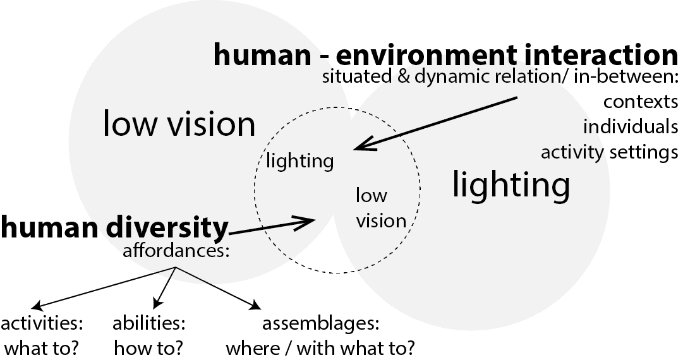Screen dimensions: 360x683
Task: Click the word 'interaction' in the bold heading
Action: [596, 56]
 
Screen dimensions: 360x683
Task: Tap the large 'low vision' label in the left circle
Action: [179, 124]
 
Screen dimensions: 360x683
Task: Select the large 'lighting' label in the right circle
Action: [511, 185]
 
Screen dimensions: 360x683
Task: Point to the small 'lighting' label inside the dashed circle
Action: [299, 161]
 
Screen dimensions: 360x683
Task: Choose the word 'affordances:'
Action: [175, 250]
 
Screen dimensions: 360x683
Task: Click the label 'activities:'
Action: [42, 324]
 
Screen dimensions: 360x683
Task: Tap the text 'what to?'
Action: [42, 347]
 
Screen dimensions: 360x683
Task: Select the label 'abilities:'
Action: [149, 324]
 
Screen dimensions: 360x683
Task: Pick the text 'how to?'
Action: [149, 347]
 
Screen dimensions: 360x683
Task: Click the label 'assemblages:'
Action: [320, 324]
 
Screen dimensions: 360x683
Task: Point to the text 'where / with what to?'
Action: [320, 347]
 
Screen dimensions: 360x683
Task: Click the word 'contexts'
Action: [640, 102]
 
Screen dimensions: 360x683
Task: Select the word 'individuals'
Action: [630, 126]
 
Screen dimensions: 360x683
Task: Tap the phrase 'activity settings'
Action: [609, 152]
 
